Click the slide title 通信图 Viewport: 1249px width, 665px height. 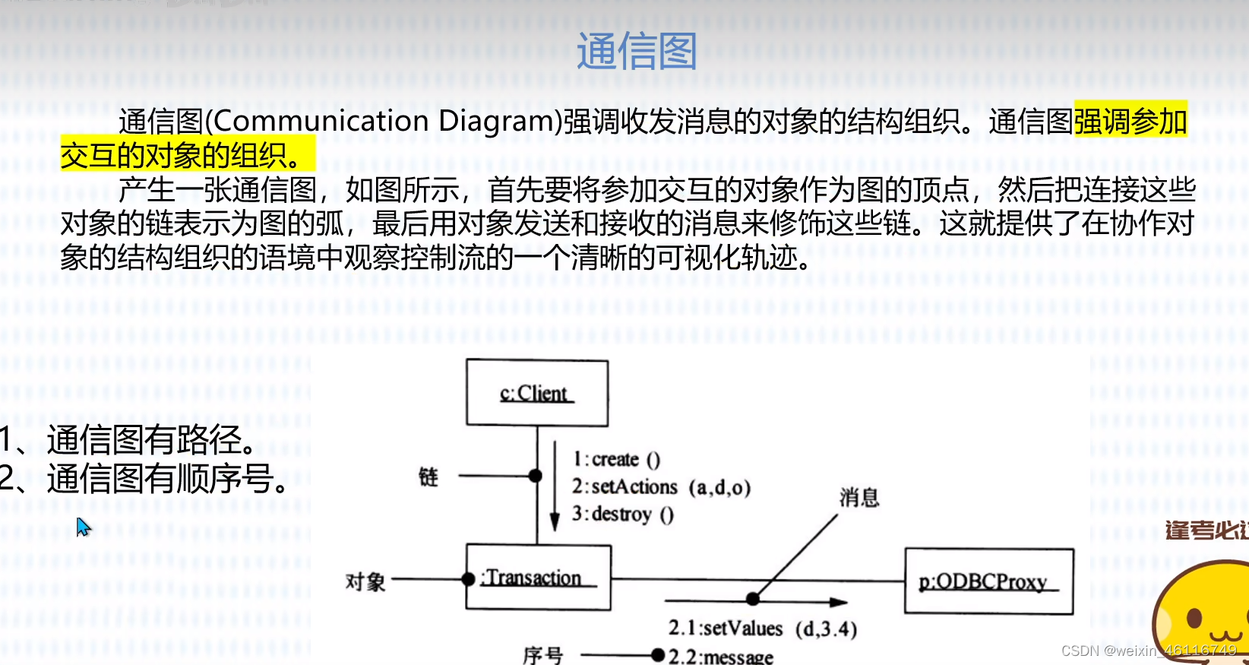pyautogui.click(x=637, y=52)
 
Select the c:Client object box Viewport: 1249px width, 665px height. pyautogui.click(x=537, y=393)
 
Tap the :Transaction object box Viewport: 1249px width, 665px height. pyautogui.click(x=538, y=578)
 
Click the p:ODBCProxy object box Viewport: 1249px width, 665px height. pyautogui.click(x=988, y=581)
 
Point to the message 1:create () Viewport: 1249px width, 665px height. pyautogui.click(x=616, y=459)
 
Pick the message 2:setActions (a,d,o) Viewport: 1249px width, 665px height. pyautogui.click(x=661, y=486)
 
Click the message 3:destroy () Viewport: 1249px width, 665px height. pyautogui.click(x=623, y=515)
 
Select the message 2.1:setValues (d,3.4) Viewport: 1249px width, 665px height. pyautogui.click(x=762, y=629)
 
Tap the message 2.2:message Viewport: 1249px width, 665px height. pyautogui.click(x=720, y=656)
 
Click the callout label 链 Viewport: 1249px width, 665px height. pyautogui.click(x=428, y=477)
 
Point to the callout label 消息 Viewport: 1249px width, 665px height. pyautogui.click(x=859, y=498)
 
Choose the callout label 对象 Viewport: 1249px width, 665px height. pyautogui.click(x=365, y=582)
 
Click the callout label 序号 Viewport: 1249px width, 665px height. pyautogui.click(x=543, y=654)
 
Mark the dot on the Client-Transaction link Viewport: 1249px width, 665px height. pyautogui.click(x=536, y=476)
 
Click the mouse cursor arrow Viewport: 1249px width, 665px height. pyautogui.click(x=82, y=526)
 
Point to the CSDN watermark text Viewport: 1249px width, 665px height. pyautogui.click(x=1148, y=651)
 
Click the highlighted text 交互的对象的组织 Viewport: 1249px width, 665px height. pyautogui.click(x=174, y=156)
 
